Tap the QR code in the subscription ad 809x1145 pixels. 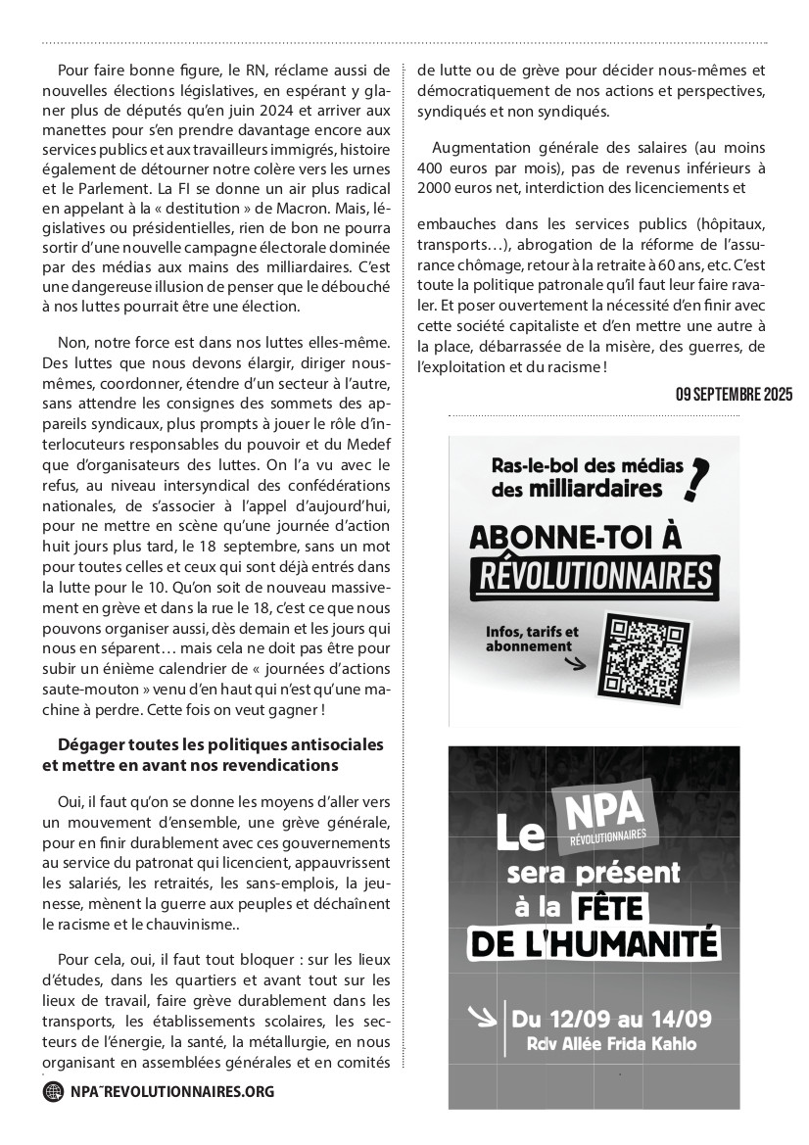(x=637, y=651)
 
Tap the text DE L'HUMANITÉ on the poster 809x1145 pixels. (x=595, y=944)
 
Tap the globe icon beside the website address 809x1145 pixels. (x=53, y=1091)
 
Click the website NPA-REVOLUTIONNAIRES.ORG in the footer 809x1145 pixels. (x=172, y=1091)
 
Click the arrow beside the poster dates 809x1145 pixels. (x=483, y=1016)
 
